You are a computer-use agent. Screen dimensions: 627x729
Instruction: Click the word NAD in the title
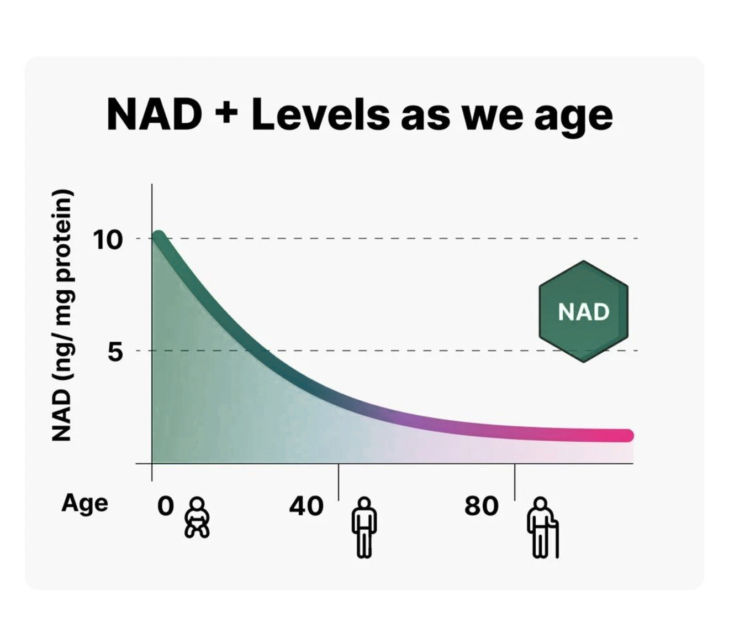[154, 114]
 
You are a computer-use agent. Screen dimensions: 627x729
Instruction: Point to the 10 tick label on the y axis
[107, 240]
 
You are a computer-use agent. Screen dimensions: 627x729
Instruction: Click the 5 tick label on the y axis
[115, 352]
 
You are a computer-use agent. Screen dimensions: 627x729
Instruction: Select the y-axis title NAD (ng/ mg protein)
[62, 316]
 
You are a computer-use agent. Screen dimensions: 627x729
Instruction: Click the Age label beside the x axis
[84, 503]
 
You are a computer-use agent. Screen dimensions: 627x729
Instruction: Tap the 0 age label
[165, 506]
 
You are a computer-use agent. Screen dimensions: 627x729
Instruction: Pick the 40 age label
[306, 506]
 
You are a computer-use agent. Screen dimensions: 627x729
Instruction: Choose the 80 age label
[481, 506]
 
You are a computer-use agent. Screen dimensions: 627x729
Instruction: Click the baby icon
[197, 518]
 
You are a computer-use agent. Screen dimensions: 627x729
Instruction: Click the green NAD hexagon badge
[583, 312]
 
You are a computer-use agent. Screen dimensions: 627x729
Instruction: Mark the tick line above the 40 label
[339, 482]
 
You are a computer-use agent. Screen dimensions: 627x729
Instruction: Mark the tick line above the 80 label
[515, 482]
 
